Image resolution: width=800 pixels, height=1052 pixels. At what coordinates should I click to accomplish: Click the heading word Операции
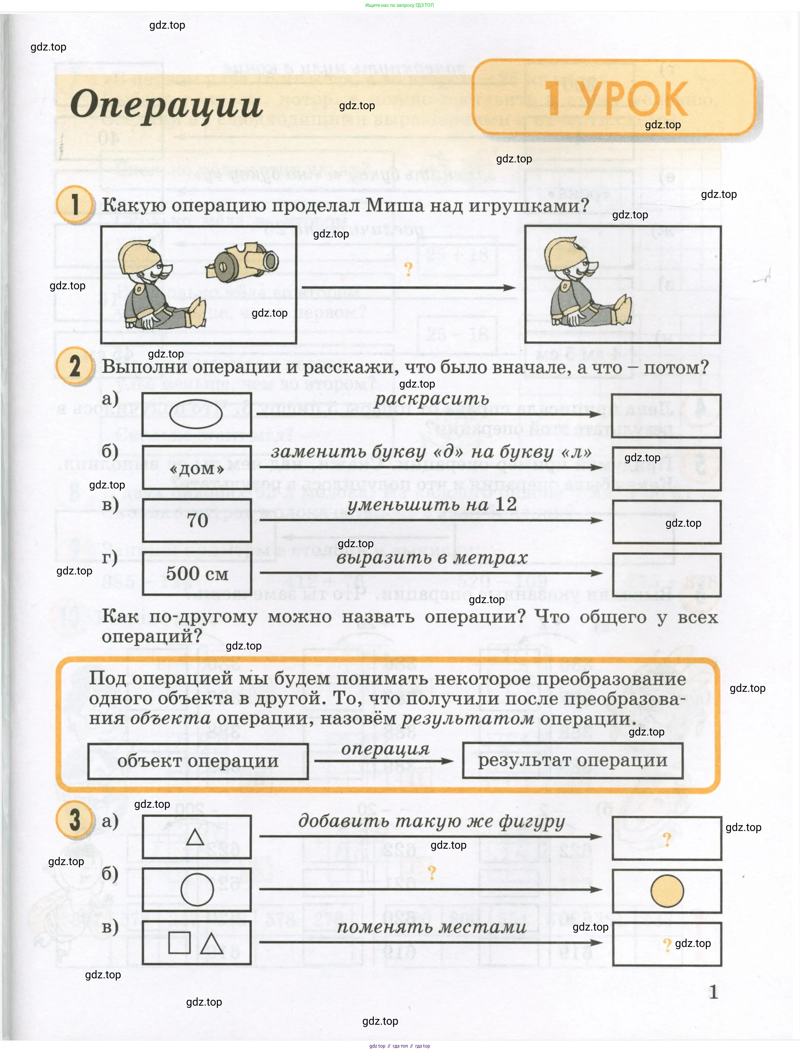click(x=166, y=105)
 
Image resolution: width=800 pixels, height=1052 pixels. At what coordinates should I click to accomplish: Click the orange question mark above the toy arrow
click(x=408, y=269)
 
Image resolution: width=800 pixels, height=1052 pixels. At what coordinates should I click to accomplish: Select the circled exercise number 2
click(x=75, y=366)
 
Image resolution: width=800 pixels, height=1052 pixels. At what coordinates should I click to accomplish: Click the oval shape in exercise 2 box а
click(x=196, y=414)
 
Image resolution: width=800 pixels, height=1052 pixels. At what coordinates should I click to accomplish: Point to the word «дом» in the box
click(x=197, y=469)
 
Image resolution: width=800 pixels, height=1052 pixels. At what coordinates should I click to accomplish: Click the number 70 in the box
click(x=197, y=520)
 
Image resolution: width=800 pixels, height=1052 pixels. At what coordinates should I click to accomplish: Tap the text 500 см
click(x=197, y=574)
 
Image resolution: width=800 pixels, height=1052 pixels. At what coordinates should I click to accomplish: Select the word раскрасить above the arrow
click(x=432, y=399)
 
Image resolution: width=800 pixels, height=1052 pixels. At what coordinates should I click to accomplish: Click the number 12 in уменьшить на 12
click(x=506, y=505)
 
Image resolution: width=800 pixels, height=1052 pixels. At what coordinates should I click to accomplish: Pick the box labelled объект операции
click(x=198, y=761)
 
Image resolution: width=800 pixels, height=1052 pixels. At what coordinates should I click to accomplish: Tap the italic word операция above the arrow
click(x=385, y=749)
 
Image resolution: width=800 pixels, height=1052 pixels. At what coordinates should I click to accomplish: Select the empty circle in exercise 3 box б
click(x=197, y=890)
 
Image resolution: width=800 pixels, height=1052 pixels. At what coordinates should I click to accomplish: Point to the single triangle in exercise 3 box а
click(x=195, y=837)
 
